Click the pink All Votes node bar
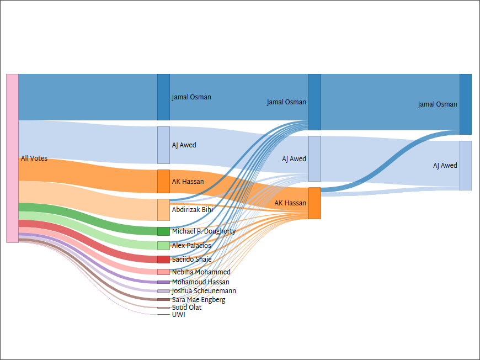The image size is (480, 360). [x=12, y=158]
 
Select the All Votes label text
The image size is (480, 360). [x=34, y=158]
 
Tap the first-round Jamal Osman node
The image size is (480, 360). [x=163, y=97]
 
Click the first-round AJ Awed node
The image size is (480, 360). [x=163, y=145]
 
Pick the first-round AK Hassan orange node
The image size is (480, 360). [x=163, y=181]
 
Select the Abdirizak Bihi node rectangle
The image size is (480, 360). [x=163, y=210]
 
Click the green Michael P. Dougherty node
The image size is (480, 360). [x=163, y=231]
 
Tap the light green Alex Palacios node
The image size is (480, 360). [x=163, y=246]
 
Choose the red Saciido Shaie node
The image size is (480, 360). [x=163, y=260]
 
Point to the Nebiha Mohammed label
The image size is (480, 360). [x=201, y=272]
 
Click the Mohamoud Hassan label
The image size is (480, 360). [x=200, y=282]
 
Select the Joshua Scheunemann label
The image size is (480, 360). [x=204, y=291]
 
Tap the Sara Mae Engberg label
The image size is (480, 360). [x=199, y=300]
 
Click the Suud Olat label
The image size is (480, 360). [x=186, y=308]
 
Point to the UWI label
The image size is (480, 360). [x=179, y=315]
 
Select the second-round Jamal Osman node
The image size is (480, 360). [x=314, y=102]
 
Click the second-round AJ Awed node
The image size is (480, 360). [x=314, y=158]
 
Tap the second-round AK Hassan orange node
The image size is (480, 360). [x=314, y=203]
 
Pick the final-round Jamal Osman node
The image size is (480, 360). [x=466, y=104]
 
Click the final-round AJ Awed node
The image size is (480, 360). [x=466, y=166]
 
